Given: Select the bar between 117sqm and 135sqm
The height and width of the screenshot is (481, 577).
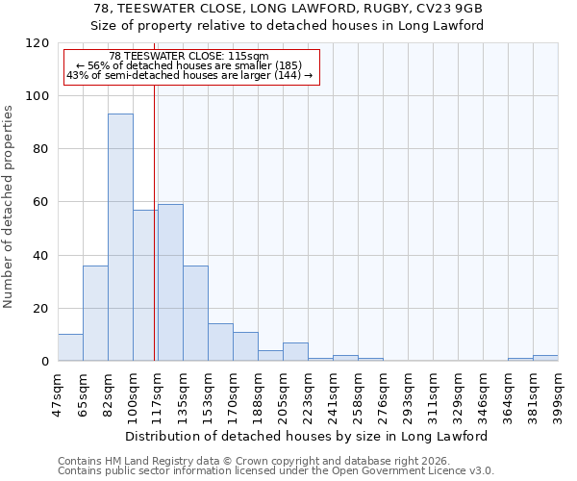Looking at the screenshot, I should point(170,283).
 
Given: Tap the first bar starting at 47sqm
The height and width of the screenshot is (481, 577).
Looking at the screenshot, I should point(70,347).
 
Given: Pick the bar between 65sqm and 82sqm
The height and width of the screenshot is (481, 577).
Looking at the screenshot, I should point(95,314).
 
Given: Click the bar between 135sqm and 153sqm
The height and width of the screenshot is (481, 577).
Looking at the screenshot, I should point(195,314).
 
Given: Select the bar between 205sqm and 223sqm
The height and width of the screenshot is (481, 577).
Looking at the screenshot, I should point(295,352).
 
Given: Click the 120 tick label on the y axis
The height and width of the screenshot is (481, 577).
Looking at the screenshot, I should point(37,43).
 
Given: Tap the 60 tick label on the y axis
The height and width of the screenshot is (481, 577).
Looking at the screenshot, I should point(40,202).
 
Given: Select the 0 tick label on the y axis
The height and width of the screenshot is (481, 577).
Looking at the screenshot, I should point(44,362).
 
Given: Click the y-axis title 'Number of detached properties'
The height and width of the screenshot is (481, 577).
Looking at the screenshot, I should point(10,207).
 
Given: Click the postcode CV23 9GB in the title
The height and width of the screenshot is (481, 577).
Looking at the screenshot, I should point(446,9).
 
